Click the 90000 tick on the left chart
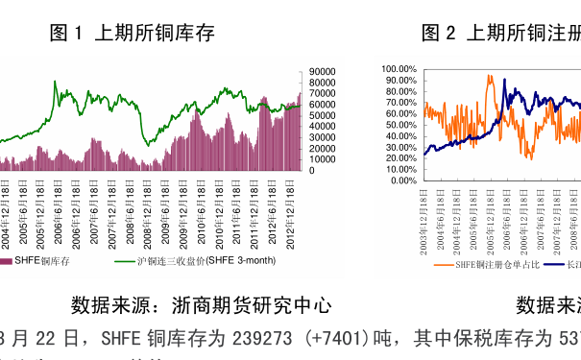pos(322,71)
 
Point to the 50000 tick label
pos(322,115)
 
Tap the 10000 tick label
pos(322,159)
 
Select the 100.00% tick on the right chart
pos(398,69)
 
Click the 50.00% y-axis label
pos(399,125)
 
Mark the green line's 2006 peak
pos(55,83)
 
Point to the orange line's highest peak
pos(490,77)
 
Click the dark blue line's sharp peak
pos(505,81)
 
